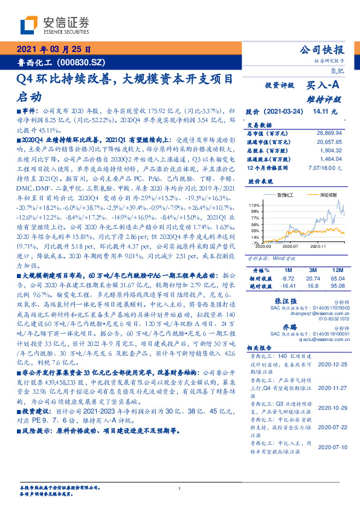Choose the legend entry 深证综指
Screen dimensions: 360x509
tap(319, 195)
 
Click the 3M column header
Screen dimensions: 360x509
tap(313, 268)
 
